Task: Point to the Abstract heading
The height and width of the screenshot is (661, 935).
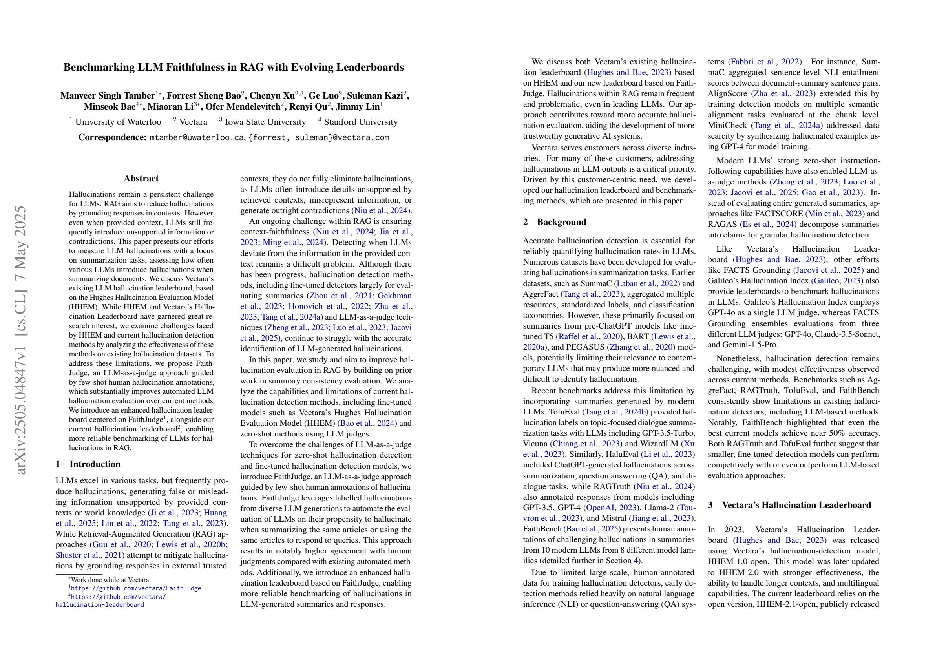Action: click(141, 178)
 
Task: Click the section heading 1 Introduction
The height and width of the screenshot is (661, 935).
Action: click(88, 464)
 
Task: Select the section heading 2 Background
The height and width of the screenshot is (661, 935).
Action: click(555, 222)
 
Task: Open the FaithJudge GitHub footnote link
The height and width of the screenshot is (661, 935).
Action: click(135, 588)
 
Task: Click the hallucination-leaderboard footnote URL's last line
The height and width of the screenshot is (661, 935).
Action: click(100, 605)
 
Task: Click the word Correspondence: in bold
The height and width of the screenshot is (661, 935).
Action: click(112, 138)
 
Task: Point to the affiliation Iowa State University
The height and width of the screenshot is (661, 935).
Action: click(265, 122)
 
